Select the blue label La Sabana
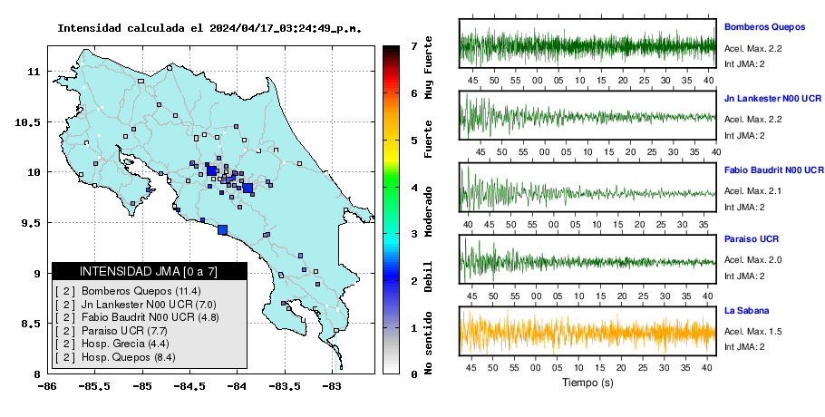(x=747, y=311)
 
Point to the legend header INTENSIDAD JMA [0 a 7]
(x=149, y=271)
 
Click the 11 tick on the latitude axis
(x=34, y=72)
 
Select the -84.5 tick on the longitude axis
(x=190, y=386)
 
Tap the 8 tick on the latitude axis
(x=38, y=374)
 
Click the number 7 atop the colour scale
(x=414, y=46)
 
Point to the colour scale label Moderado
(x=428, y=211)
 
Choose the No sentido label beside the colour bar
(x=428, y=343)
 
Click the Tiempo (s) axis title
(x=587, y=383)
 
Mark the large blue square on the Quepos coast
(x=222, y=229)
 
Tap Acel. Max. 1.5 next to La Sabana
(x=752, y=332)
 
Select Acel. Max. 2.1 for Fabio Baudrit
(x=752, y=191)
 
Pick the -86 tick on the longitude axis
(x=47, y=386)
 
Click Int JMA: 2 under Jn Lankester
(x=744, y=136)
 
